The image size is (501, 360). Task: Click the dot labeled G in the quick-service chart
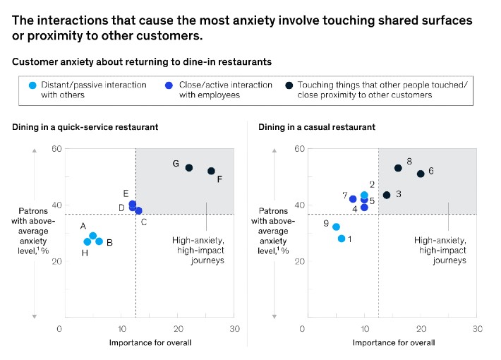(x=189, y=167)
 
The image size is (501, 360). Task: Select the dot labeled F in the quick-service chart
(x=211, y=171)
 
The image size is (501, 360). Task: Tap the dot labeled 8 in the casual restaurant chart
(x=398, y=168)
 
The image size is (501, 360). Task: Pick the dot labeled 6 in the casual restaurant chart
(x=421, y=174)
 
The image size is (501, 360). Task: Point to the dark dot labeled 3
(x=387, y=195)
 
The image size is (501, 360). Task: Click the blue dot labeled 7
(x=353, y=199)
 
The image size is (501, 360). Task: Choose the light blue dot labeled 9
(x=336, y=227)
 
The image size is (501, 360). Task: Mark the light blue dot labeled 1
(x=342, y=239)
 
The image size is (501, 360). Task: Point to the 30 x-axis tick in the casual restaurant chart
(x=477, y=329)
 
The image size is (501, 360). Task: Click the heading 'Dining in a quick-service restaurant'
(x=85, y=127)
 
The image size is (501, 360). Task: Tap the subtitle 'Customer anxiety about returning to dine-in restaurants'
(x=142, y=62)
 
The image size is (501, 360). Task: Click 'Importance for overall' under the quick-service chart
(x=150, y=342)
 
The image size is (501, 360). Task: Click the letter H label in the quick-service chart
(x=85, y=253)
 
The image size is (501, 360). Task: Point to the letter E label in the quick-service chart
(x=126, y=193)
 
